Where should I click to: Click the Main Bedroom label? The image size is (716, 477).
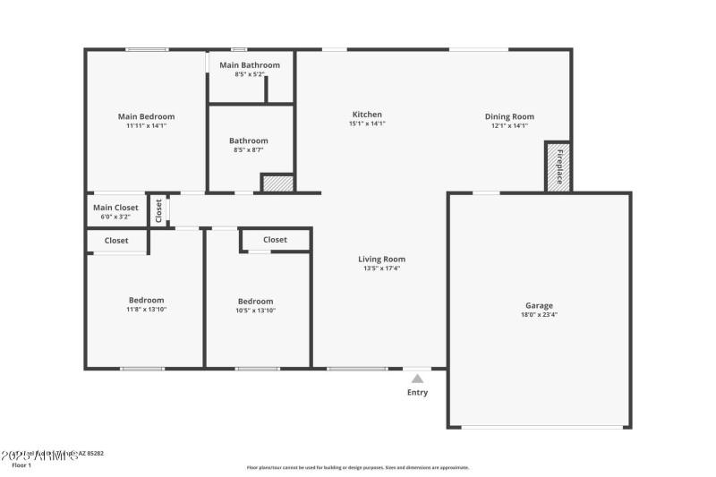(x=146, y=116)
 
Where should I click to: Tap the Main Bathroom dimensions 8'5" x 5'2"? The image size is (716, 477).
(x=250, y=75)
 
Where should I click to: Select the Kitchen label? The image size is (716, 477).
(x=367, y=115)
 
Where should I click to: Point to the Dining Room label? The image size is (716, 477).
(x=509, y=116)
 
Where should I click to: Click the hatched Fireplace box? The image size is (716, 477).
(x=558, y=166)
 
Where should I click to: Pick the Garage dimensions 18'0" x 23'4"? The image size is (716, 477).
(x=539, y=315)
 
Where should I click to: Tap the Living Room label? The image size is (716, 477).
(x=381, y=260)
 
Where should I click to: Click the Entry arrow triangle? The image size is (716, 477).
(x=417, y=379)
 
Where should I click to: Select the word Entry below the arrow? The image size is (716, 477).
(x=417, y=392)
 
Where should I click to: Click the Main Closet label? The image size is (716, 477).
(x=115, y=208)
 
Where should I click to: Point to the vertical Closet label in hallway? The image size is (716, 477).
(x=158, y=210)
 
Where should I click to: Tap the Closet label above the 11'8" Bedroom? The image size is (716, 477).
(x=116, y=240)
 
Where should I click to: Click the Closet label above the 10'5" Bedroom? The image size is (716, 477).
(x=275, y=240)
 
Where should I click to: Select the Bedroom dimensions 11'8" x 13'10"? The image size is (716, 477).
(x=146, y=310)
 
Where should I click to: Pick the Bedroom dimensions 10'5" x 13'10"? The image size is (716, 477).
(x=255, y=311)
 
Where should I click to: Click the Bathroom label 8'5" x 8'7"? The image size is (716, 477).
(x=248, y=141)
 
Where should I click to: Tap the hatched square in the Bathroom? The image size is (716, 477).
(x=277, y=183)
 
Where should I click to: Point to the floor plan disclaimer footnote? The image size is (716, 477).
(x=357, y=467)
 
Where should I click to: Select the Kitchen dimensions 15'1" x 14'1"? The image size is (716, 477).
(x=367, y=124)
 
